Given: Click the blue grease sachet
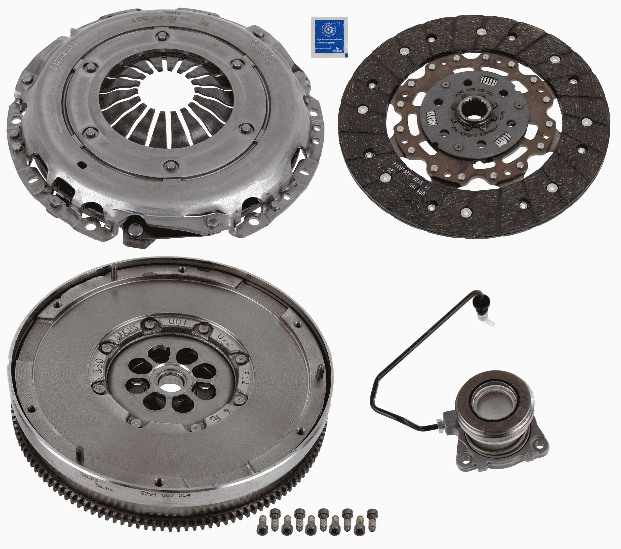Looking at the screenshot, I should click(x=329, y=37).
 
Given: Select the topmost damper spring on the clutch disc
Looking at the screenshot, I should click(x=489, y=81).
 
